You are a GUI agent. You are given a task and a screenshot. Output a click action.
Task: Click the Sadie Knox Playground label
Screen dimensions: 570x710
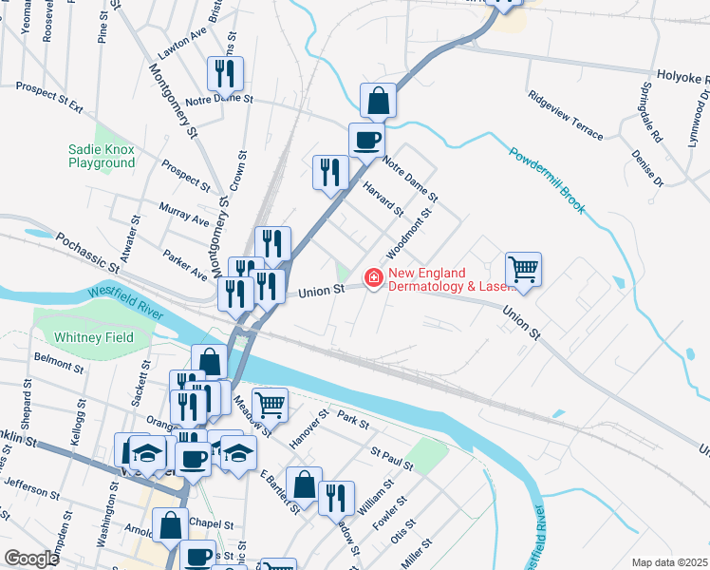(x=102, y=156)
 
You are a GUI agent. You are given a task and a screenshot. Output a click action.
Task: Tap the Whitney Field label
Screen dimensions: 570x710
(x=93, y=337)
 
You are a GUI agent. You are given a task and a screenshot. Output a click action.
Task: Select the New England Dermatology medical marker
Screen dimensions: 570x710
(x=374, y=278)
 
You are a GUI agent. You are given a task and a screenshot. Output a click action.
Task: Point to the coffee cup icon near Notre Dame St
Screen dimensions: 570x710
(x=366, y=142)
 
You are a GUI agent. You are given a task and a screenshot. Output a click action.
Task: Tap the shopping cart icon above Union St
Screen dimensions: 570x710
(x=523, y=270)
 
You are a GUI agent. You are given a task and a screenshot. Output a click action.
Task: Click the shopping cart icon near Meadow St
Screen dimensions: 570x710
(x=271, y=405)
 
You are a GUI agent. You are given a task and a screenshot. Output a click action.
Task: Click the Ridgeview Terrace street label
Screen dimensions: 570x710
(x=566, y=116)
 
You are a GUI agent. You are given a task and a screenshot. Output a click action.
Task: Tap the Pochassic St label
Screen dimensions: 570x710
(x=89, y=253)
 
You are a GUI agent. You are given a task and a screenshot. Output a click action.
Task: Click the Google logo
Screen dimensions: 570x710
(x=32, y=558)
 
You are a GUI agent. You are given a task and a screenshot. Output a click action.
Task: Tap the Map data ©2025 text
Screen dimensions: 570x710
(x=668, y=562)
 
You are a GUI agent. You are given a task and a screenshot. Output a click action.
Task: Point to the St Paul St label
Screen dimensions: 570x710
(x=393, y=459)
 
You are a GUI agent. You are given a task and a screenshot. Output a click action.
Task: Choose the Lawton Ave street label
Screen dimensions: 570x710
(x=183, y=44)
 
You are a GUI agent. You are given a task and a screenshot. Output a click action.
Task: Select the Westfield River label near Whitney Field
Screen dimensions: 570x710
(x=126, y=301)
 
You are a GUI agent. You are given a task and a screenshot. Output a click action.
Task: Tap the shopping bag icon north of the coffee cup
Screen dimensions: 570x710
(x=378, y=101)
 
